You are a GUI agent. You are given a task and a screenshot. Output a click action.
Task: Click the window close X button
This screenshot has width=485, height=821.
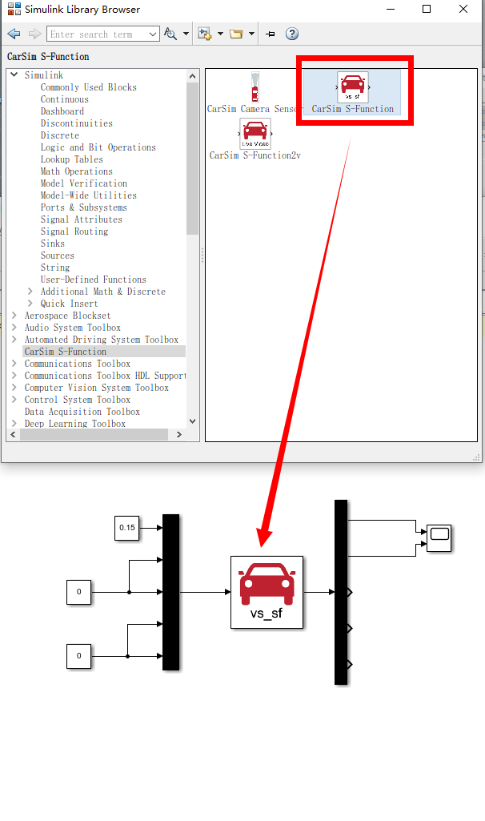pyautogui.click(x=463, y=9)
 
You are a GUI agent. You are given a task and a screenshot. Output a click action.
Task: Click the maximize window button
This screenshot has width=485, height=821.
pyautogui.click(x=427, y=9)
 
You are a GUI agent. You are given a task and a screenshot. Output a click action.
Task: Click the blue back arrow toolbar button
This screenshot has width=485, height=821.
pyautogui.click(x=14, y=34)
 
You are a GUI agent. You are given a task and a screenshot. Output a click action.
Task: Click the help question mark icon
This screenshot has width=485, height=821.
pyautogui.click(x=292, y=34)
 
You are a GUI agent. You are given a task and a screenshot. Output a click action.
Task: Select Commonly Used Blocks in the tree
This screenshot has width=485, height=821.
pyautogui.click(x=88, y=87)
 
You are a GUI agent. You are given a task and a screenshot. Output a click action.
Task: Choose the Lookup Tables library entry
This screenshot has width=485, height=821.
pyautogui.click(x=72, y=159)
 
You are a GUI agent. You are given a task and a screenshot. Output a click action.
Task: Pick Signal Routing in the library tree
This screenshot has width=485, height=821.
pyautogui.click(x=74, y=231)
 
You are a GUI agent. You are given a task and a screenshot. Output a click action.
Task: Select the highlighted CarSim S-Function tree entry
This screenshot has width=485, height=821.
pyautogui.click(x=66, y=352)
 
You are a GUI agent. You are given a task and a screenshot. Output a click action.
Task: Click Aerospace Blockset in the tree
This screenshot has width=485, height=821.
pyautogui.click(x=67, y=316)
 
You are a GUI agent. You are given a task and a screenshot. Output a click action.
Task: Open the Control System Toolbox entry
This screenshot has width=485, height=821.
pyautogui.click(x=78, y=400)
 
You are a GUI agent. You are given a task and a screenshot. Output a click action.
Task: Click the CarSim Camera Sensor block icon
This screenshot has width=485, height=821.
pyautogui.click(x=255, y=87)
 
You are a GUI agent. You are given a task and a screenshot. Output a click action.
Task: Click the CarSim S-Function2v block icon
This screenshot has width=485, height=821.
pyautogui.click(x=255, y=134)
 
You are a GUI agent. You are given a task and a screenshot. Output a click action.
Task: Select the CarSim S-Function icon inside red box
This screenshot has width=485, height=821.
pyautogui.click(x=353, y=87)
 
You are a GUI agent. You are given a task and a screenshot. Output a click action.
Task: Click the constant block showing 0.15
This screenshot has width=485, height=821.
pyautogui.click(x=127, y=528)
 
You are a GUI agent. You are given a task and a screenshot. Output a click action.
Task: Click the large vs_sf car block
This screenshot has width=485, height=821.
pyautogui.click(x=267, y=592)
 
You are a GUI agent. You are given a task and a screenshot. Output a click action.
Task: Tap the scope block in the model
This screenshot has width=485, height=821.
pyautogui.click(x=439, y=538)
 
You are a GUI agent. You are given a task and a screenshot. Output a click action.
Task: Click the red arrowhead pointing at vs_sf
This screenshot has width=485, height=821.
pyautogui.click(x=264, y=538)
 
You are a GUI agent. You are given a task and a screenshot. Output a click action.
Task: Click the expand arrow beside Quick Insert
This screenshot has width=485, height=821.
pyautogui.click(x=30, y=304)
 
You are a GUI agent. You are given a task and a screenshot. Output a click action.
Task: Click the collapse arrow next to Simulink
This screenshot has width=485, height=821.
pyautogui.click(x=14, y=74)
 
